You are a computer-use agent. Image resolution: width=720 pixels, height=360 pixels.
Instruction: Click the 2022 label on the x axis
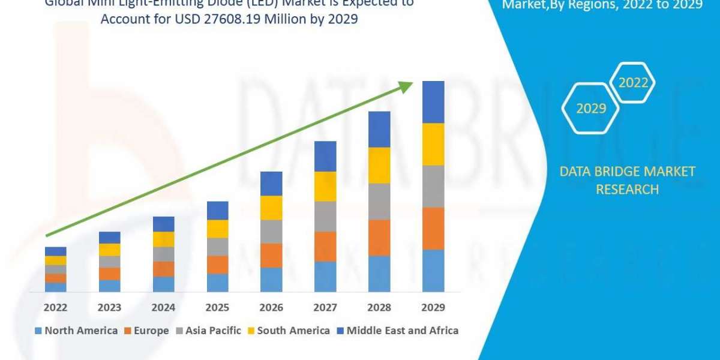(55, 308)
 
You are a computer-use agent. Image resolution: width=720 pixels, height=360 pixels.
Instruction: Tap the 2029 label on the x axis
(433, 308)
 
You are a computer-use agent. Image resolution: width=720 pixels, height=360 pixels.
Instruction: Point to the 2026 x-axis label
(271, 308)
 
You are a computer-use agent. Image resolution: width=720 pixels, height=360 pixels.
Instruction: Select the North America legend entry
(76, 331)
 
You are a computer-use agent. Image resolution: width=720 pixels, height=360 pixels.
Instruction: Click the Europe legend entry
(146, 331)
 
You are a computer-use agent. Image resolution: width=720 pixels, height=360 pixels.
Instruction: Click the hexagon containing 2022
(633, 83)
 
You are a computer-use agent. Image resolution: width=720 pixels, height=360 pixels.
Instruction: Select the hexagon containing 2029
(590, 109)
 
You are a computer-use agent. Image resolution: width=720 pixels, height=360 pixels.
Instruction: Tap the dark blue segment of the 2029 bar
(433, 102)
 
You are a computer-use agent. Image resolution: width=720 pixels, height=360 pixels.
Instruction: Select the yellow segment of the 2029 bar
(433, 144)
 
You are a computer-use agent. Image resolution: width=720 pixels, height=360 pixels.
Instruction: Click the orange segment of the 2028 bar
(379, 238)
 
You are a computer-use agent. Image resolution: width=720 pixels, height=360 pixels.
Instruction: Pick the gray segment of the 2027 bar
(325, 216)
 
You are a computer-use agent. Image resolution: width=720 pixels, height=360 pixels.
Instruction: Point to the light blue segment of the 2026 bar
(271, 280)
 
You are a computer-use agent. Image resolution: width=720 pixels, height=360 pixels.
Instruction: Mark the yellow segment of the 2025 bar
(217, 229)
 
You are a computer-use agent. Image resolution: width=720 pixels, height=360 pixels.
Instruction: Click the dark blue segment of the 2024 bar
(163, 224)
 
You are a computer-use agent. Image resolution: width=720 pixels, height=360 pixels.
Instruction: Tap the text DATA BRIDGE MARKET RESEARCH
(627, 180)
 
